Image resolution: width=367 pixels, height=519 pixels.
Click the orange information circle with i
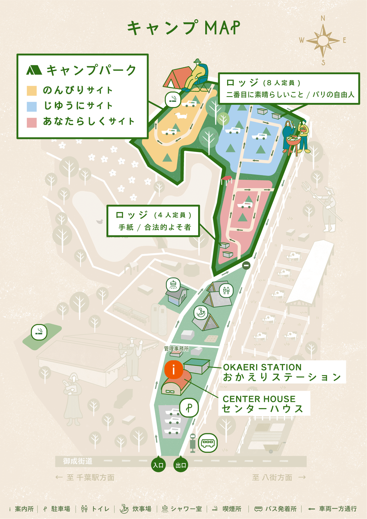coord(174,369)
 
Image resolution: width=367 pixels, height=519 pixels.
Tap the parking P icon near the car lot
coord(189,408)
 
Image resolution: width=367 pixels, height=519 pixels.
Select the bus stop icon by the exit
coord(208,443)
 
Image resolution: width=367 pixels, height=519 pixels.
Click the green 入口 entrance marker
coord(158,465)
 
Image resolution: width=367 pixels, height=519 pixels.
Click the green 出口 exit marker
coord(181,465)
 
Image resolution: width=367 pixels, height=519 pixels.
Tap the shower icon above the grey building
coord(173,285)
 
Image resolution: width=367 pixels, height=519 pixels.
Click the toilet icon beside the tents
coord(226,291)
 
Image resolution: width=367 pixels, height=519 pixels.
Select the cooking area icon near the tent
coord(201,313)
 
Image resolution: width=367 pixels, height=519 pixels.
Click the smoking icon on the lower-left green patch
coord(39,332)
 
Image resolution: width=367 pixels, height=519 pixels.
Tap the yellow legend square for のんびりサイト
coord(32,90)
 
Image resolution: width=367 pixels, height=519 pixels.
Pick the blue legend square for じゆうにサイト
coord(32,106)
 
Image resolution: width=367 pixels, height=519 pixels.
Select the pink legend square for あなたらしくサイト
coord(32,122)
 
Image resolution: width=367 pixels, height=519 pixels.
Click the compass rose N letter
coord(323,18)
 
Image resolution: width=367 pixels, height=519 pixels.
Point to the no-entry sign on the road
coord(246,265)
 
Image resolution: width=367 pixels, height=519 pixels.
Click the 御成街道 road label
coord(77,461)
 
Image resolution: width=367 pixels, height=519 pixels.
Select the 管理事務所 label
coord(177,349)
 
